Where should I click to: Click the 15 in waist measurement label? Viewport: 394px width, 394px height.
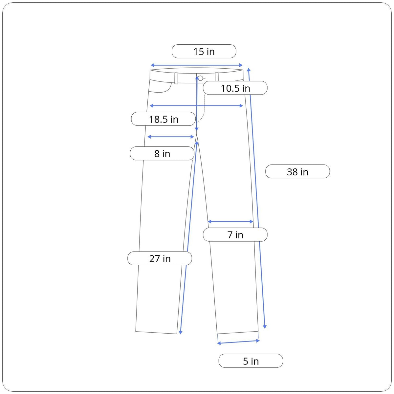point(204,52)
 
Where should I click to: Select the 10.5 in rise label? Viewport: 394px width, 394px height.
point(235,88)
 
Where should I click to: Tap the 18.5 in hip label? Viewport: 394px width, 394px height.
point(163,119)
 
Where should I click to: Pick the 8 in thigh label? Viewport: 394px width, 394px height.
point(162,153)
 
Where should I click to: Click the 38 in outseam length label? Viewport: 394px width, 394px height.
point(297,172)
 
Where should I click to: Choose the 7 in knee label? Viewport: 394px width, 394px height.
point(235,235)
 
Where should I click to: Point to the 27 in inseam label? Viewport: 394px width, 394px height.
point(160,258)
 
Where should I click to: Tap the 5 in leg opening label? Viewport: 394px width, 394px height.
point(251,361)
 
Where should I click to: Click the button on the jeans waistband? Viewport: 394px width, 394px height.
point(200,78)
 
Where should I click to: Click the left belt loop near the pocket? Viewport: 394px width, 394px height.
point(176,78)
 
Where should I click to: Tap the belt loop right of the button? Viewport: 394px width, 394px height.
point(217,77)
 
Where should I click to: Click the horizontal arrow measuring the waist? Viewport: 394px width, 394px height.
point(196,65)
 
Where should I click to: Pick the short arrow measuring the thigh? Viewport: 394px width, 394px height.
point(171,137)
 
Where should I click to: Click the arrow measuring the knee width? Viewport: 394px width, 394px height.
point(230,222)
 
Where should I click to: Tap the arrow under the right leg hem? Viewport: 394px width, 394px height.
point(238,342)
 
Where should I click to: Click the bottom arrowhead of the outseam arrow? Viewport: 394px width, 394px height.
point(265,326)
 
